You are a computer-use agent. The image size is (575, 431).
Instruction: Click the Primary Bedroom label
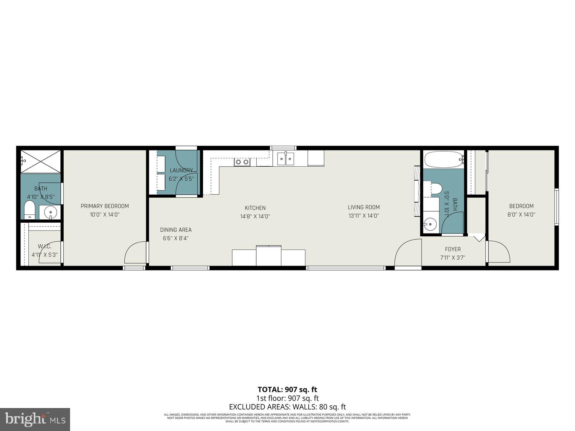tap(105, 206)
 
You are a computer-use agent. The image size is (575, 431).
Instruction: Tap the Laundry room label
tap(181, 170)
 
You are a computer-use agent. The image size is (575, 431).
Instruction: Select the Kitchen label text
tap(255, 208)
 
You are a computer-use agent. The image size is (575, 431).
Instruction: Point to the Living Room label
tap(364, 207)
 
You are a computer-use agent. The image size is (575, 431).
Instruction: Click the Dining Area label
tap(176, 230)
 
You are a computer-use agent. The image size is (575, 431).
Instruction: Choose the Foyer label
tap(452, 249)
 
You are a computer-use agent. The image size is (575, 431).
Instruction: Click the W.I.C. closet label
tap(45, 246)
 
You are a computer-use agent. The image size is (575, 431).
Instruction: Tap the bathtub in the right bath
tap(443, 159)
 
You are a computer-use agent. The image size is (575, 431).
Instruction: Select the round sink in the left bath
tap(50, 212)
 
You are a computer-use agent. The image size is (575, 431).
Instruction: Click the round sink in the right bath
tap(429, 225)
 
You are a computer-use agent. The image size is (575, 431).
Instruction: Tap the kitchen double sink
tap(285, 159)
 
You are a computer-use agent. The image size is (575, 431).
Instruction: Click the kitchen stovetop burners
tap(242, 162)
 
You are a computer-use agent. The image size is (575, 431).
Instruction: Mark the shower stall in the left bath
tap(40, 162)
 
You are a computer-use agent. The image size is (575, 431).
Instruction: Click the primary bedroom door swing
tap(135, 253)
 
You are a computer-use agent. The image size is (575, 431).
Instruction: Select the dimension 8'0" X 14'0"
tap(521, 215)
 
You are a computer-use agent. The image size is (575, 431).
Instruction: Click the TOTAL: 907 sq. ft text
tap(287, 389)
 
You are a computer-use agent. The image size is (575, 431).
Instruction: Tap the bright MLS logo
tap(35, 419)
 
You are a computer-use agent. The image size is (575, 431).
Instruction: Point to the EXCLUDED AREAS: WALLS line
tap(287, 407)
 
